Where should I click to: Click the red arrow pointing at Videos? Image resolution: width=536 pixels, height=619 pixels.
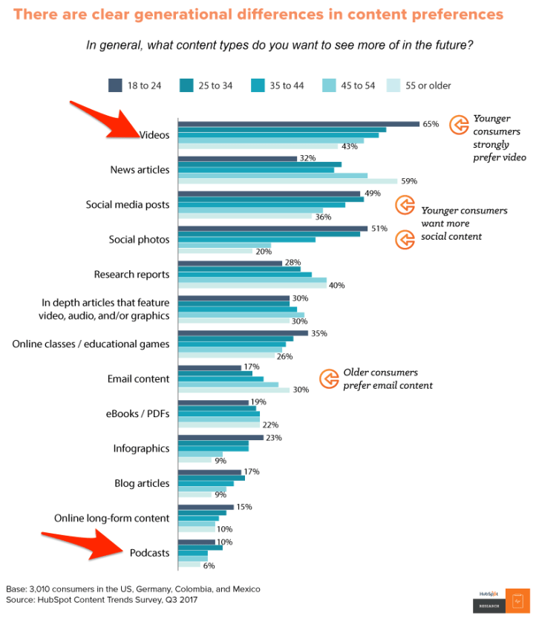pos(104,119)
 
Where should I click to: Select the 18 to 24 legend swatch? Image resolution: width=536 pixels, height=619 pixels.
pos(115,85)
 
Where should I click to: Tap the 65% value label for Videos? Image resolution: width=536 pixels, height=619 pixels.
pos(431,124)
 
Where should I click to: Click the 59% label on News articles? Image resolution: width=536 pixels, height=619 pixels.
pos(409,181)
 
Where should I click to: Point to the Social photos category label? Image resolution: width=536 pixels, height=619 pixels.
pos(139,240)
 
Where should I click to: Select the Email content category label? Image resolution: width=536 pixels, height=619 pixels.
pos(138,379)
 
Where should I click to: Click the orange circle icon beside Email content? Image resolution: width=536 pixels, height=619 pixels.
pos(329,379)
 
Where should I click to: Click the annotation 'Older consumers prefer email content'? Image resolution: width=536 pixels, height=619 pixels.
pos(387,379)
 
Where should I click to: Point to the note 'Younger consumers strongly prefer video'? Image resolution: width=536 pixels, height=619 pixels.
pos(499,138)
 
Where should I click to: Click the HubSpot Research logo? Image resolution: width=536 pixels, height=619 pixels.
pos(502,600)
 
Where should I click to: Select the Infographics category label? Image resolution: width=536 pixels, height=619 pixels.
pos(141,448)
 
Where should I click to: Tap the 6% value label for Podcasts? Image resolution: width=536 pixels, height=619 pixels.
pos(209,566)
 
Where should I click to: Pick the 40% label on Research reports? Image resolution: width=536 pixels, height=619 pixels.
pos(336,286)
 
